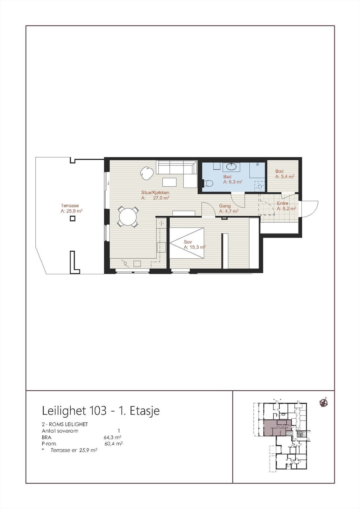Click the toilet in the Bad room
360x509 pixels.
coord(208,184)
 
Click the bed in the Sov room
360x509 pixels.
coord(187,243)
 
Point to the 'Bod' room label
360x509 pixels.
coord(279,171)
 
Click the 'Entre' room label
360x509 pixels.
coord(282,203)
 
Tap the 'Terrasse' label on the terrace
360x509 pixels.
coord(70,206)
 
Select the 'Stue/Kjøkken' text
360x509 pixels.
coord(155,192)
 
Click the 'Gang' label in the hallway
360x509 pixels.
coord(225,206)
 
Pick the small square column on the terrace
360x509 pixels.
coord(73,218)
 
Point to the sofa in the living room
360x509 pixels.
coord(176,168)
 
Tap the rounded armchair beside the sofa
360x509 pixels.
coord(147,173)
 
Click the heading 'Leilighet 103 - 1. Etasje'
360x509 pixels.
coord(101,410)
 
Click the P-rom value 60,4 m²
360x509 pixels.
coord(113,444)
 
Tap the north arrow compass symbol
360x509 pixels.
coord(324,402)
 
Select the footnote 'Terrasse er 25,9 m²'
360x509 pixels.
coord(74,450)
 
